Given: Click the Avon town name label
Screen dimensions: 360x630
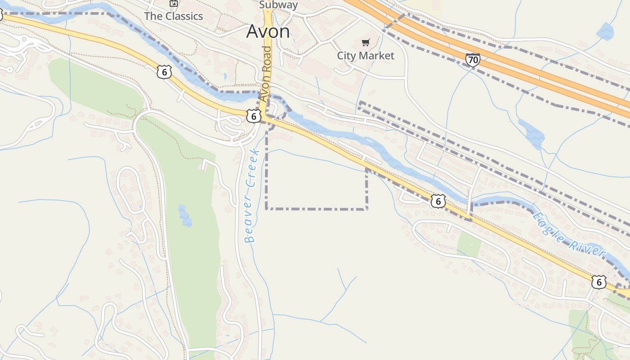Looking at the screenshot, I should [x=268, y=31].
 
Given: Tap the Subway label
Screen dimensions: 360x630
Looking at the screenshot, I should [x=279, y=5].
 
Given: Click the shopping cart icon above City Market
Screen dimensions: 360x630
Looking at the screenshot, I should [x=365, y=43].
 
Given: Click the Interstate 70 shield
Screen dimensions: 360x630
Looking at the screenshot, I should [x=472, y=60].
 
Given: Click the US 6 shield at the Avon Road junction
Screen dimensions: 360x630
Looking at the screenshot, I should [x=254, y=116].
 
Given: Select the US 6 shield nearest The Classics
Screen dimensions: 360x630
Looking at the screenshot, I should [x=164, y=72].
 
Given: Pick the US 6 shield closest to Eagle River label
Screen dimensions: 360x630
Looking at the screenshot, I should [x=598, y=282].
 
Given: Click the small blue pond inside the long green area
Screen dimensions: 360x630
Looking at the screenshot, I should [x=184, y=216].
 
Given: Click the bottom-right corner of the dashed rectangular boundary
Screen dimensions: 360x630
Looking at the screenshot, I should [x=367, y=209].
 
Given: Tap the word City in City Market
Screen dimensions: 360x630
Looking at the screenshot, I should [x=346, y=56].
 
